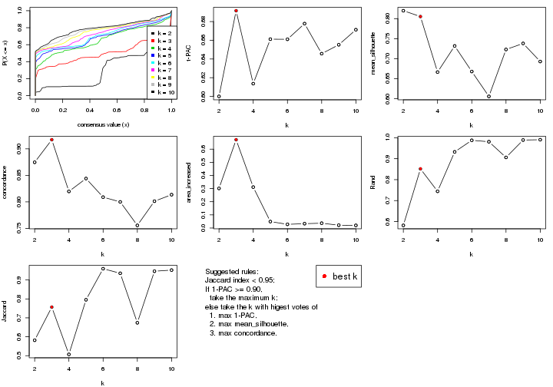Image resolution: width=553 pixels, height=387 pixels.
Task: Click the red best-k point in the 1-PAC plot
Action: coord(236,11)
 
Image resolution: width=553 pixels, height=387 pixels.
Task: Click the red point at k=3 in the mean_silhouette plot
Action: coord(420,16)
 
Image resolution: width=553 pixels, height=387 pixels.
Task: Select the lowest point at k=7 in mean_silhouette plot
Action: coord(488,96)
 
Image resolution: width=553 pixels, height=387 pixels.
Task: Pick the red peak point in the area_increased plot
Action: coord(236,140)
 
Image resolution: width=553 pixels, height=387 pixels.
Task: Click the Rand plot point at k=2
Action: coord(403,225)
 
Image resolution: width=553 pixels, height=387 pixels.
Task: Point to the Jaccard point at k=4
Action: coord(68,354)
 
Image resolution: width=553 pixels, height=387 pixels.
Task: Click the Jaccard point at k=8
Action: coord(137,322)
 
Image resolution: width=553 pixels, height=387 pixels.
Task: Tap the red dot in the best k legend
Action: coord(325,276)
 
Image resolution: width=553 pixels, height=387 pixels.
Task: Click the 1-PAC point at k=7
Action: coord(304,23)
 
